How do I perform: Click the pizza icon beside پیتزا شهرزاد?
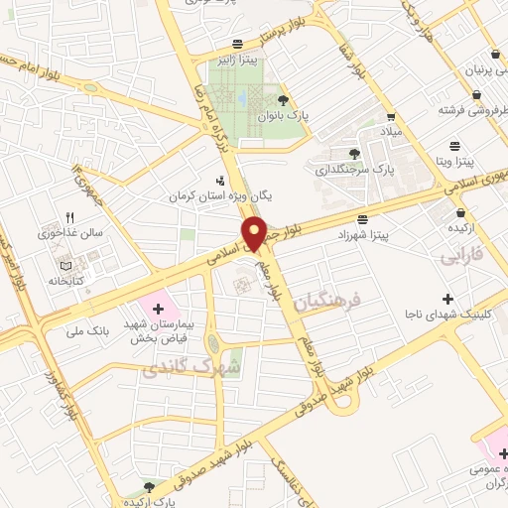[363, 218]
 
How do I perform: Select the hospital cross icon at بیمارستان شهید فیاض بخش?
[157, 310]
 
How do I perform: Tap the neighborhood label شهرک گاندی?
[178, 367]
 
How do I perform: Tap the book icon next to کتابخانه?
[65, 267]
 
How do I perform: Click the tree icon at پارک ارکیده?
[149, 486]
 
